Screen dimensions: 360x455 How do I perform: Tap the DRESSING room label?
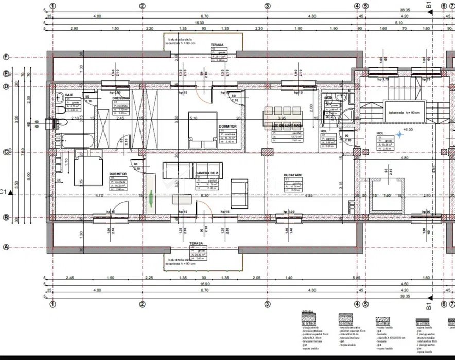(121, 98)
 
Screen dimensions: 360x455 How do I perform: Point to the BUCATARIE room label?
(293, 175)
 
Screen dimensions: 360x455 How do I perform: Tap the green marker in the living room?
(151, 199)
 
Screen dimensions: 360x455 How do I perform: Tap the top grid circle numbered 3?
(267, 6)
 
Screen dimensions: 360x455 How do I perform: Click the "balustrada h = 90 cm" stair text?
(404, 112)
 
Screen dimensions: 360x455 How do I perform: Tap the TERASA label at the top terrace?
(217, 45)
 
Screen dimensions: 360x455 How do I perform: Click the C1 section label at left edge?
(4, 192)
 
